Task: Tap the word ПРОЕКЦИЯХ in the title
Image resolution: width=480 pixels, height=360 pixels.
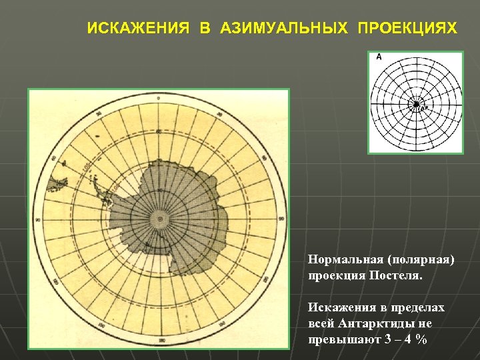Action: [407, 29]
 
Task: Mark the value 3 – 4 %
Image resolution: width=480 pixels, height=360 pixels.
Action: [404, 339]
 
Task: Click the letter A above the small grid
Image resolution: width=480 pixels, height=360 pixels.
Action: [379, 57]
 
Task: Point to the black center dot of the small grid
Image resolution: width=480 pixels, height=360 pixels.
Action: [416, 104]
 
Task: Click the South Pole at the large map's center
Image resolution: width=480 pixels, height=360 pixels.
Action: [159, 219]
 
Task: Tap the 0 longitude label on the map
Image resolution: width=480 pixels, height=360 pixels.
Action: [159, 98]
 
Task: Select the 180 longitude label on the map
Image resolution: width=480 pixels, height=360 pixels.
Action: [159, 341]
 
